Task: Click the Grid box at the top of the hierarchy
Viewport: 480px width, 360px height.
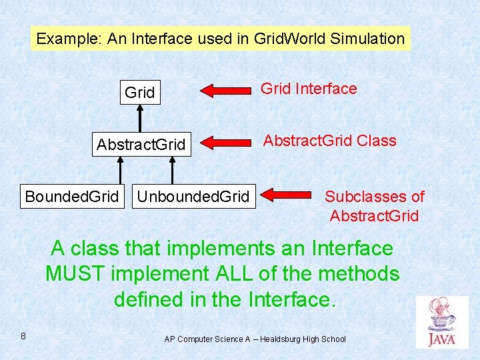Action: click(139, 92)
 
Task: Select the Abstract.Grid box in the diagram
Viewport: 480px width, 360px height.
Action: click(140, 144)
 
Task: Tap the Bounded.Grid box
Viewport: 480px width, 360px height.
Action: click(71, 196)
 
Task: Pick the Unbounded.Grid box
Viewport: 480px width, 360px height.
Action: click(193, 196)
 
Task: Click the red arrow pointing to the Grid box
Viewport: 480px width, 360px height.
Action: click(226, 90)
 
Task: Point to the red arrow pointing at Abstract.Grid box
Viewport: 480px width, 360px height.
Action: click(226, 142)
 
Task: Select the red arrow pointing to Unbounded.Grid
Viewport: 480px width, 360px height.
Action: click(287, 195)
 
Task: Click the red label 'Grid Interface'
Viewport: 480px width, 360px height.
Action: click(308, 89)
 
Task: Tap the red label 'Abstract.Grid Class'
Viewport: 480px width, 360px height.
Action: click(329, 141)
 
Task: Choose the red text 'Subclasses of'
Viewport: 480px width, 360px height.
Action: click(374, 197)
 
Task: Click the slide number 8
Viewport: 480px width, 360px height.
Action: click(23, 336)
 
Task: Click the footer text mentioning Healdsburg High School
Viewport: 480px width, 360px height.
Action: click(255, 339)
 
